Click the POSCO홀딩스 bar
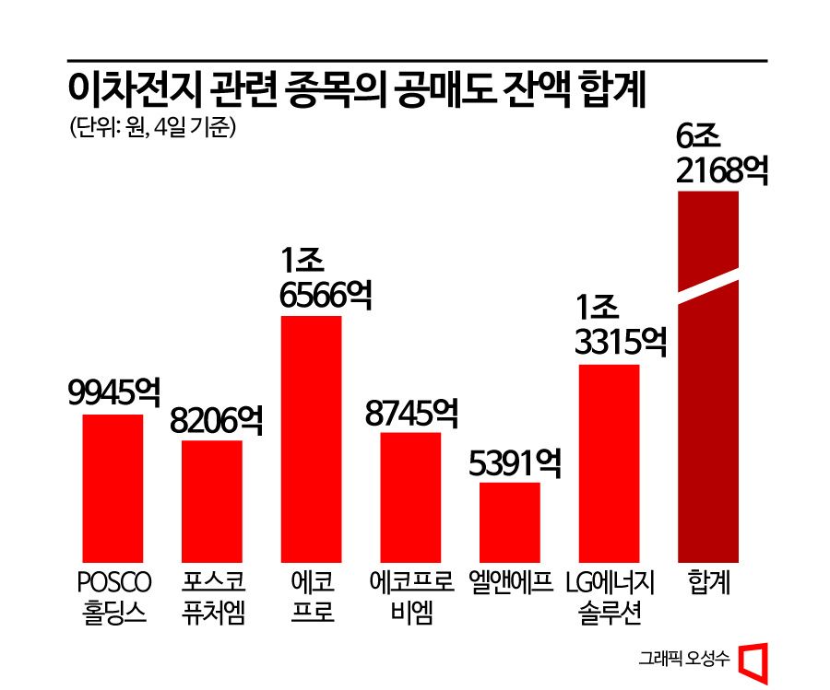113,487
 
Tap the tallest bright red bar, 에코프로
310,438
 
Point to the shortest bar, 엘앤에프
509,520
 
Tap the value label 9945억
113,394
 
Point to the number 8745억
411,413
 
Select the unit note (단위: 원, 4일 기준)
153,127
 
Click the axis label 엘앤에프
510,583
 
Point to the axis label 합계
708,583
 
